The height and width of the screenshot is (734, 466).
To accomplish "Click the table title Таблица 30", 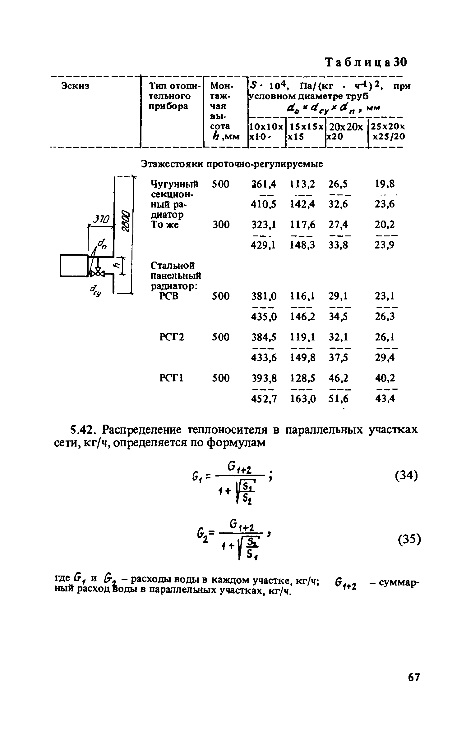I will [x=366, y=62].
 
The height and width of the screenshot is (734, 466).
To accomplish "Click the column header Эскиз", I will [x=75, y=86].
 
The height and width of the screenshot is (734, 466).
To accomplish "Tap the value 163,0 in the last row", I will [x=302, y=399].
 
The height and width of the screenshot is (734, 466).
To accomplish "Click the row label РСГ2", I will [x=172, y=337].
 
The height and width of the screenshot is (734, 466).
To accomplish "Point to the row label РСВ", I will [x=169, y=296].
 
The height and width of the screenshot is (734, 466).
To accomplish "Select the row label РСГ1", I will [x=172, y=378].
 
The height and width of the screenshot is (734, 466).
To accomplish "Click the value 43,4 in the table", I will [x=385, y=399].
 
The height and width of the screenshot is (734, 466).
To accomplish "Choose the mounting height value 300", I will [x=221, y=224].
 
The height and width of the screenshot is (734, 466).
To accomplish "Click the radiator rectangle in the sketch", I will [x=74, y=265].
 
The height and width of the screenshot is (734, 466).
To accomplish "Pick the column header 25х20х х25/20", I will [x=386, y=131].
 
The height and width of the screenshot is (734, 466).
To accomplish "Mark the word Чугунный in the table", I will [x=174, y=184].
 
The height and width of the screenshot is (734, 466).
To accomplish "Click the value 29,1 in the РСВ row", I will [x=339, y=296].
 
